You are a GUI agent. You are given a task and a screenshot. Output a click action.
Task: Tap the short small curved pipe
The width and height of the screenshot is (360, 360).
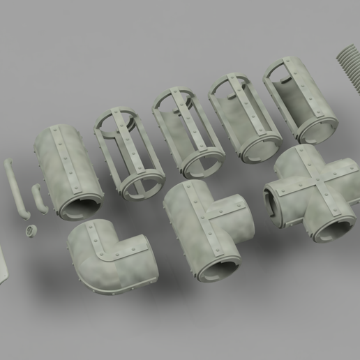pos(39,198)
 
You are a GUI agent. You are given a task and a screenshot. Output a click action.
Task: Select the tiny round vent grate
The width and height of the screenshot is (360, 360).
pos(30,230)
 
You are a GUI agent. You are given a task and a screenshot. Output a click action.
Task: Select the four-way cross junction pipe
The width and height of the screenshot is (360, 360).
pos(310,195)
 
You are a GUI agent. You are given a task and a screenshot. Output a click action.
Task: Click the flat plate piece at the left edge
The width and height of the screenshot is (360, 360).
pos(3,265)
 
